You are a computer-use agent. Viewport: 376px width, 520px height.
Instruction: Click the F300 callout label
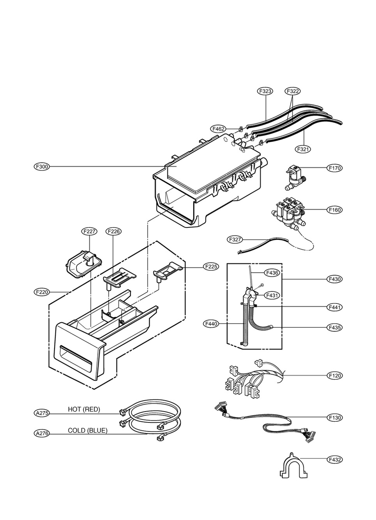[x=42, y=167]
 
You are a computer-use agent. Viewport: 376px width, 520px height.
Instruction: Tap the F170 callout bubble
[x=334, y=168]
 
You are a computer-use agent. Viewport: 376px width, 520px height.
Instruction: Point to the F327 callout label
[x=235, y=240]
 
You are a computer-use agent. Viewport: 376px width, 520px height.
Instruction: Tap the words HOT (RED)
[x=84, y=409]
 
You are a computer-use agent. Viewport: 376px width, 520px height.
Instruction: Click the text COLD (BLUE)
[x=88, y=430]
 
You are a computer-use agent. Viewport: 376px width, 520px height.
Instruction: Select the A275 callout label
[x=42, y=413]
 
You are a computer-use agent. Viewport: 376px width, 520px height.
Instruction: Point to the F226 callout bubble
[x=113, y=231]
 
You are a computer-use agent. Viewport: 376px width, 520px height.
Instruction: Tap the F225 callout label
[x=211, y=267]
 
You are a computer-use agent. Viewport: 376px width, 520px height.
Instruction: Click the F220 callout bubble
[x=42, y=292]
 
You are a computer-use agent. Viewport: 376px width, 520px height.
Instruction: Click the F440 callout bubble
[x=211, y=324]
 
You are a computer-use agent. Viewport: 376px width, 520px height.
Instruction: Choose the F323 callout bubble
[x=265, y=91]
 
